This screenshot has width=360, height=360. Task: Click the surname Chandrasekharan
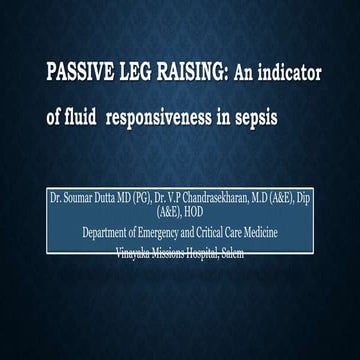(x=227, y=201)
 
